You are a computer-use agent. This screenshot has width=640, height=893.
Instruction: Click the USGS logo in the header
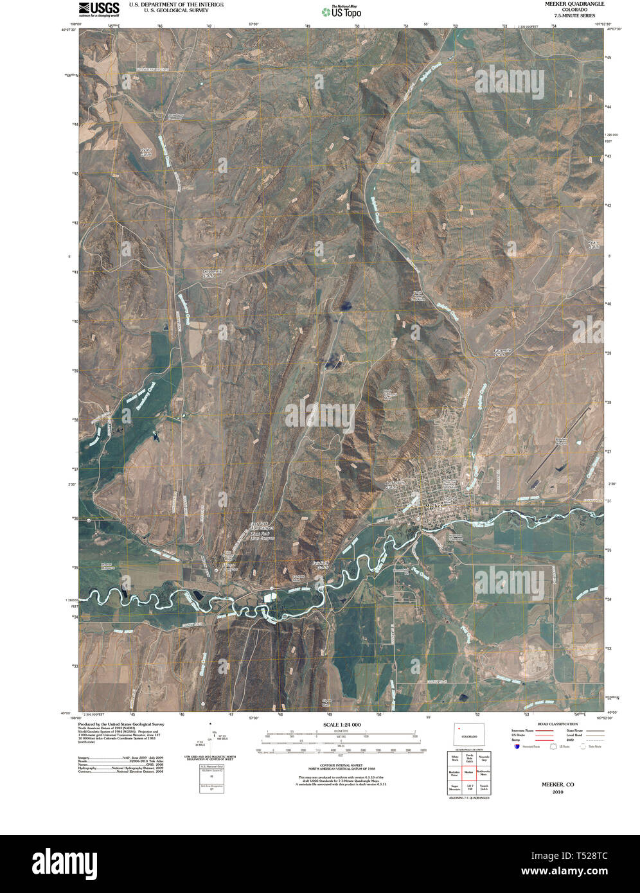(98, 8)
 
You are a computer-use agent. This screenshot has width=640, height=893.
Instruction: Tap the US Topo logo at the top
(341, 11)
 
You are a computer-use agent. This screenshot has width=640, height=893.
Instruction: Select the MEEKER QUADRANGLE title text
(565, 4)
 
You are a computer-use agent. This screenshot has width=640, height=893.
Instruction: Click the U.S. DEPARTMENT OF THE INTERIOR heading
(176, 4)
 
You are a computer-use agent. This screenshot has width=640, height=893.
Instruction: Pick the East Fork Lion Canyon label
(262, 526)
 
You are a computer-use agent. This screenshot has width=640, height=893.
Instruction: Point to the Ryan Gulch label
(592, 245)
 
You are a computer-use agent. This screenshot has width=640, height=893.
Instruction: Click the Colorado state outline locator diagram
(468, 735)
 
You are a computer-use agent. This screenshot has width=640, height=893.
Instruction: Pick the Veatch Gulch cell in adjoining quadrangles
(484, 786)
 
